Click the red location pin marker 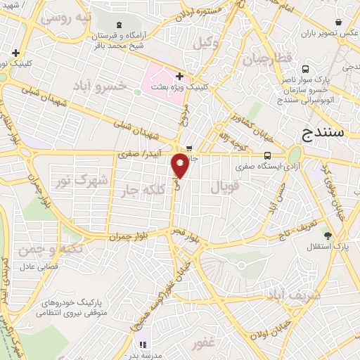(x=181, y=166)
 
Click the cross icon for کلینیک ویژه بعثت (x=180, y=75)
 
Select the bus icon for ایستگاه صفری (x=266, y=155)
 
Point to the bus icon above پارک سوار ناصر (x=306, y=69)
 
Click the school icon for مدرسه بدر (x=142, y=345)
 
